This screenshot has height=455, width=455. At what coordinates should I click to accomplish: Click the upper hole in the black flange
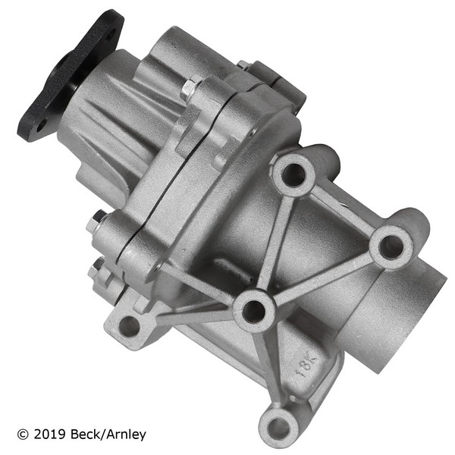coord(110,37)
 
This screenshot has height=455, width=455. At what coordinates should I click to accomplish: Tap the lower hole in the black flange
coord(42,126)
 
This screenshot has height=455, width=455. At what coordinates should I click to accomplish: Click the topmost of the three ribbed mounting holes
coord(293,174)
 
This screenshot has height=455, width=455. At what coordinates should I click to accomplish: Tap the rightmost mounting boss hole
coord(391,247)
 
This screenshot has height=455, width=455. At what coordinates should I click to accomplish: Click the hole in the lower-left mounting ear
coord(130,326)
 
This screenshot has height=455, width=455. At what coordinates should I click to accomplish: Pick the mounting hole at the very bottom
coord(278,428)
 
